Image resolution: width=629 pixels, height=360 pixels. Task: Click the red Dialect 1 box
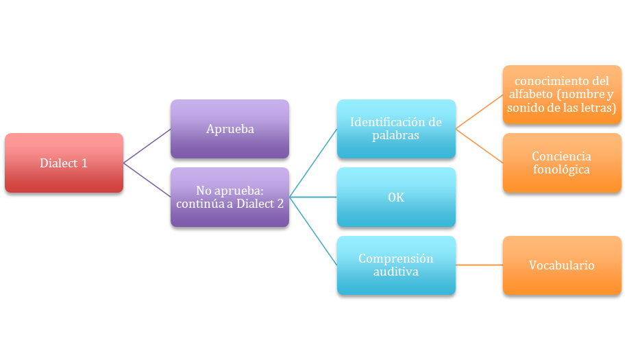[x=64, y=163]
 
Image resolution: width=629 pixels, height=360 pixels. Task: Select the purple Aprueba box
[x=230, y=129]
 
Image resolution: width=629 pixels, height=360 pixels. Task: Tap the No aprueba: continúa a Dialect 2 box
[x=230, y=197]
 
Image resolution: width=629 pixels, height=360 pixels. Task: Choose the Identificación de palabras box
[x=396, y=129]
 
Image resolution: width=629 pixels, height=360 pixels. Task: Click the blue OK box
[x=396, y=197]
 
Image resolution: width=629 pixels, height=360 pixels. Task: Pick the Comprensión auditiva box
[x=396, y=265]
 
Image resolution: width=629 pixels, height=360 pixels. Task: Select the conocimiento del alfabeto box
[x=562, y=95]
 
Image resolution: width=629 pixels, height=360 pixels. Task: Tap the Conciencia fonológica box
[x=562, y=163]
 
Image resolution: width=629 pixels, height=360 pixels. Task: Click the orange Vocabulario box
[x=562, y=265]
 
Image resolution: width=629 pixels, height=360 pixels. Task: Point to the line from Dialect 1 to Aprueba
[x=147, y=145]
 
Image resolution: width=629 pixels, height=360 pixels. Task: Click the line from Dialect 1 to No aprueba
[x=147, y=180]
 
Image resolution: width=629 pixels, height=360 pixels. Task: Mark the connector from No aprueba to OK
[x=313, y=197]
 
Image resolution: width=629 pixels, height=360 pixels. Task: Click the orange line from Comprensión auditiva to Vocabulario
[x=480, y=265]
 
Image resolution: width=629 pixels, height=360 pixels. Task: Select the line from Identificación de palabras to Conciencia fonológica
[x=480, y=145]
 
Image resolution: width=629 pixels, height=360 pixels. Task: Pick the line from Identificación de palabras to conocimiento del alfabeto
[x=480, y=112]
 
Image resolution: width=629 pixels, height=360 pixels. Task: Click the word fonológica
[x=562, y=169]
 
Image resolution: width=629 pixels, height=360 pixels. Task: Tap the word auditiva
[x=396, y=272]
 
